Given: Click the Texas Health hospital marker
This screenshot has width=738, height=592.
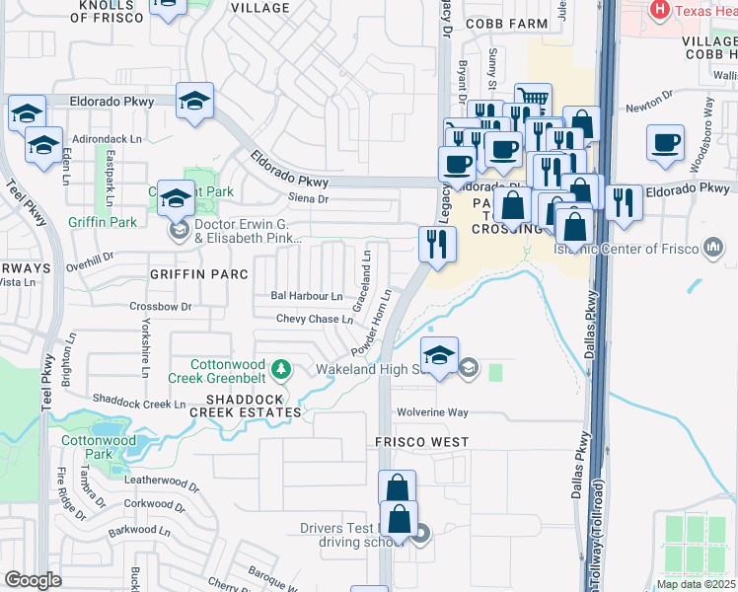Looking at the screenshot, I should pyautogui.click(x=660, y=11).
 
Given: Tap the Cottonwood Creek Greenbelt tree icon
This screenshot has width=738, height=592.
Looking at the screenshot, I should pyautogui.click(x=282, y=369).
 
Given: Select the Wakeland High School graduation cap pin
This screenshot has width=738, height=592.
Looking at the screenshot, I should pyautogui.click(x=439, y=356).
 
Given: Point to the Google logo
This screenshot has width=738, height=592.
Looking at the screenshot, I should pyautogui.click(x=33, y=580).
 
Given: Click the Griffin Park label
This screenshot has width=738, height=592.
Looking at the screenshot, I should pyautogui.click(x=103, y=222).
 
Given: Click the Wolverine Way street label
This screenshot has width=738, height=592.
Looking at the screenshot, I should pyautogui.click(x=432, y=412).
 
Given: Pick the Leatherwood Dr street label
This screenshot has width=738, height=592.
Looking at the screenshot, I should pyautogui.click(x=163, y=480).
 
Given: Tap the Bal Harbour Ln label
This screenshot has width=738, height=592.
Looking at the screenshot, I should pyautogui.click(x=307, y=296).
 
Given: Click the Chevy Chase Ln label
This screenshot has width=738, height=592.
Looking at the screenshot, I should pyautogui.click(x=314, y=319).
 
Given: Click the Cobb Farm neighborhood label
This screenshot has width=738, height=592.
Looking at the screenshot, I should pyautogui.click(x=508, y=23).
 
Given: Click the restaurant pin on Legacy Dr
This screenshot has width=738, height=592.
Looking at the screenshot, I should pyautogui.click(x=436, y=243).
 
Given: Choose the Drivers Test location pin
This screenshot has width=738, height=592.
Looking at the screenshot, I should pyautogui.click(x=422, y=535).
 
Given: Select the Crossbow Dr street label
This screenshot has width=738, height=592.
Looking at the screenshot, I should pyautogui.click(x=160, y=307).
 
